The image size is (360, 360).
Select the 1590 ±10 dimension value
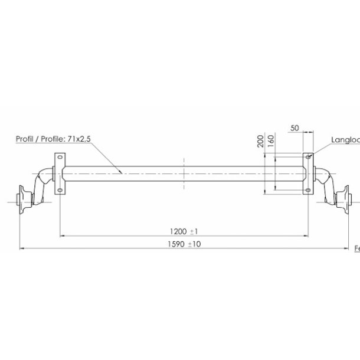click(184, 244)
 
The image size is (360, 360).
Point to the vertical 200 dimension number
click(261, 141)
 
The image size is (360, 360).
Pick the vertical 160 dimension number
click(270, 142)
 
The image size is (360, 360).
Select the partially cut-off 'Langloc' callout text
click(345, 140)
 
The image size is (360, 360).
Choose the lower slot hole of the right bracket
click(308, 189)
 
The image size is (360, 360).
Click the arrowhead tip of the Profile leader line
click(122, 172)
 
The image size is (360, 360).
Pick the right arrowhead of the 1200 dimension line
click(306, 236)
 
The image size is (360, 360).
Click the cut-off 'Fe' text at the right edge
click(356, 250)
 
